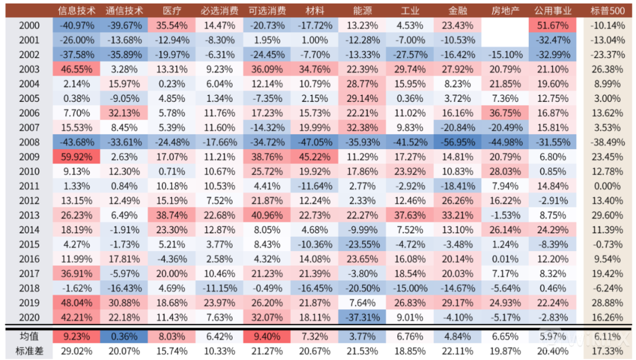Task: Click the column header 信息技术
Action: (76, 11)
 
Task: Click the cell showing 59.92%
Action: (76, 157)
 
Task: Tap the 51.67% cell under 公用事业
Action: (553, 25)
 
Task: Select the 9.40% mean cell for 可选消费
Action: (267, 336)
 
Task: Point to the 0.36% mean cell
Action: (124, 336)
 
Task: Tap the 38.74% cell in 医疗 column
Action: (171, 216)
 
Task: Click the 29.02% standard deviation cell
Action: (76, 351)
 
